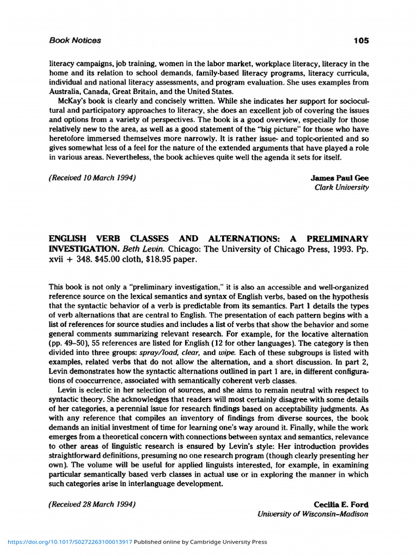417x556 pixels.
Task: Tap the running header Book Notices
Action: point(75,40)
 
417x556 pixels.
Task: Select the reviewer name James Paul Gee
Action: point(339,178)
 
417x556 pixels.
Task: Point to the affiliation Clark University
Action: point(342,187)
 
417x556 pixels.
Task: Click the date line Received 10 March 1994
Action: point(92,178)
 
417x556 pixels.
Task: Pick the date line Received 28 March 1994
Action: point(92,504)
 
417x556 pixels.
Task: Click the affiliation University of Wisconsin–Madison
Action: point(313,514)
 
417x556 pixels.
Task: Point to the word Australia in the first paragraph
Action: point(64,92)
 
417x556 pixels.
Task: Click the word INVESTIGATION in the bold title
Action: point(82,249)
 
